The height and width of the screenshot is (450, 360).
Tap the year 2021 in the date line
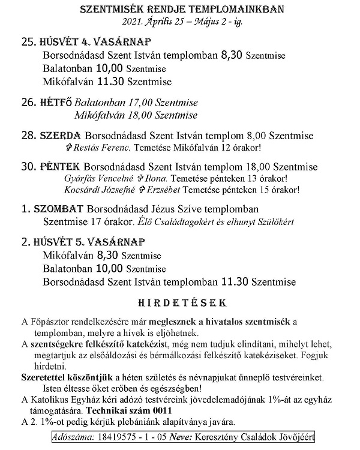pyautogui.click(x=133, y=22)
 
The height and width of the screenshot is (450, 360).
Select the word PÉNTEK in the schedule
pyautogui.click(x=61, y=167)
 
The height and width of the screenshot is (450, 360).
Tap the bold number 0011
pyautogui.click(x=161, y=411)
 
